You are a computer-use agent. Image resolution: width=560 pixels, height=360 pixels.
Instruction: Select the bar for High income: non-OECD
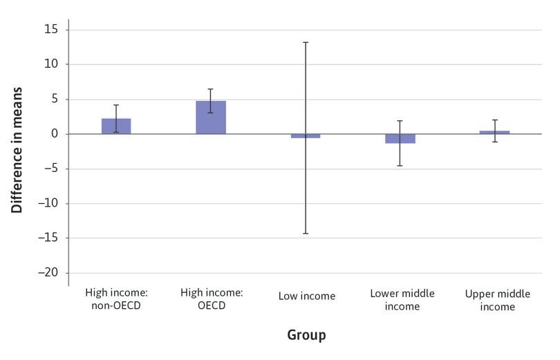pos(116,126)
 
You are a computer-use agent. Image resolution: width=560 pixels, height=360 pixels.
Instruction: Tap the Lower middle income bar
pos(400,138)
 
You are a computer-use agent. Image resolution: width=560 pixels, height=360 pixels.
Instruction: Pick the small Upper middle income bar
pos(494,132)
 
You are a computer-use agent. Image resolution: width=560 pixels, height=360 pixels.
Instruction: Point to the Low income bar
pos(306,136)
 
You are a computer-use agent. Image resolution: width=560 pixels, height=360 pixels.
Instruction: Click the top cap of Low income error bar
pos(306,42)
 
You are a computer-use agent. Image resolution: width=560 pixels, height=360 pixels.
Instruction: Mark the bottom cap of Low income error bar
pos(306,234)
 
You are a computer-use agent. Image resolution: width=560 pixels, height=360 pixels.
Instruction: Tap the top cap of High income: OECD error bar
pos(211,89)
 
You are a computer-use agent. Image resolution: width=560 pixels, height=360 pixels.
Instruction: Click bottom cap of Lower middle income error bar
pos(400,166)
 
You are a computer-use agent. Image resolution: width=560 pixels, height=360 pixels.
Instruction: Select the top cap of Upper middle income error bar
pos(494,120)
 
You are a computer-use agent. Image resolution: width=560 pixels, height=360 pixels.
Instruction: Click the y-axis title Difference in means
pos(17,150)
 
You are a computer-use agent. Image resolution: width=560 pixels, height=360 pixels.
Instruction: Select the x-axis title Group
pos(306,336)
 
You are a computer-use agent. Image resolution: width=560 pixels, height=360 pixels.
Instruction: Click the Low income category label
pos(306,296)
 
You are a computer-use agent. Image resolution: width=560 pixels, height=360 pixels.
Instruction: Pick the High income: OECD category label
pos(211,300)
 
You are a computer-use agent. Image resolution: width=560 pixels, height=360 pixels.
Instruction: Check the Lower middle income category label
pos(402,300)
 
